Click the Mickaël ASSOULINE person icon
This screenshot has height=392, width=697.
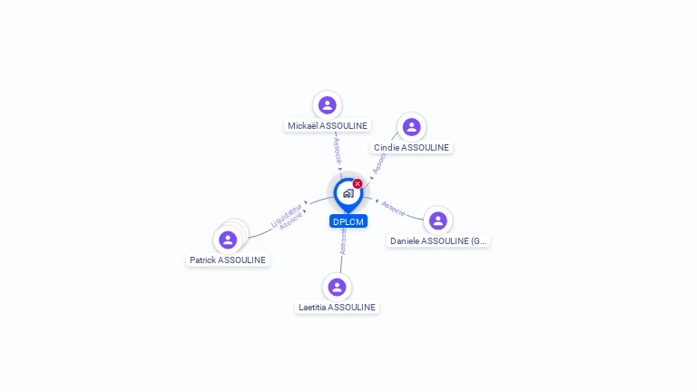(x=328, y=105)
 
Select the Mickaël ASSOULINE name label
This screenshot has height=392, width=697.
(x=328, y=126)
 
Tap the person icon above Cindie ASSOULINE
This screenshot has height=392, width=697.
(x=411, y=127)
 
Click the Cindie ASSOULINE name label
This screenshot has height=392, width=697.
(x=411, y=148)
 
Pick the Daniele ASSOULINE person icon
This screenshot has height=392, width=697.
(x=438, y=220)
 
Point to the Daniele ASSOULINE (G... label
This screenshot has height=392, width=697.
(x=438, y=241)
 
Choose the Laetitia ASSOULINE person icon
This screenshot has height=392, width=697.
(x=337, y=287)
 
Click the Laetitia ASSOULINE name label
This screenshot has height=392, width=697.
(x=337, y=308)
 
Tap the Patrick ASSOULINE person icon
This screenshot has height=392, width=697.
(x=228, y=240)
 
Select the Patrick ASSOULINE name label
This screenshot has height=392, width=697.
(x=228, y=260)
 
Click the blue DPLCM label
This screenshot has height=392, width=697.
(x=348, y=221)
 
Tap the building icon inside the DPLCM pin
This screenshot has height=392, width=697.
(x=348, y=193)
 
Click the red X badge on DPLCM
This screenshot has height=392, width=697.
(x=358, y=183)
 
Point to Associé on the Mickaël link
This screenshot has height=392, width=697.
(x=337, y=149)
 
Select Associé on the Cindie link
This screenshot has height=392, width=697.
(x=378, y=162)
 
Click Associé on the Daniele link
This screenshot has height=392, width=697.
(x=393, y=208)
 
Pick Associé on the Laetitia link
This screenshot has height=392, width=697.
(x=343, y=240)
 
